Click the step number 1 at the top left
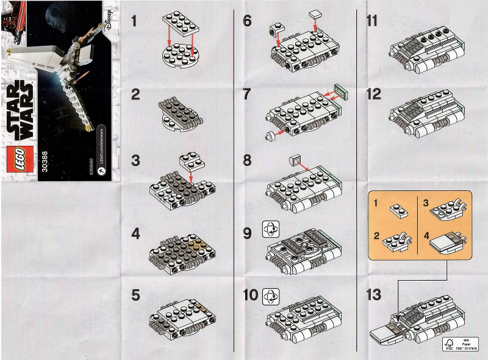point(134,21)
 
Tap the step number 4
point(135,234)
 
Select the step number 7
point(247,95)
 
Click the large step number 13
point(374,295)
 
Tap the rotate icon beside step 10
point(269,296)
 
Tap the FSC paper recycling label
point(452,343)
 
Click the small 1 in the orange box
point(377,202)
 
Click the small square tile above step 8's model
point(296,160)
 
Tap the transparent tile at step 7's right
point(340,91)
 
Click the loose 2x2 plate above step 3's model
point(192,161)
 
